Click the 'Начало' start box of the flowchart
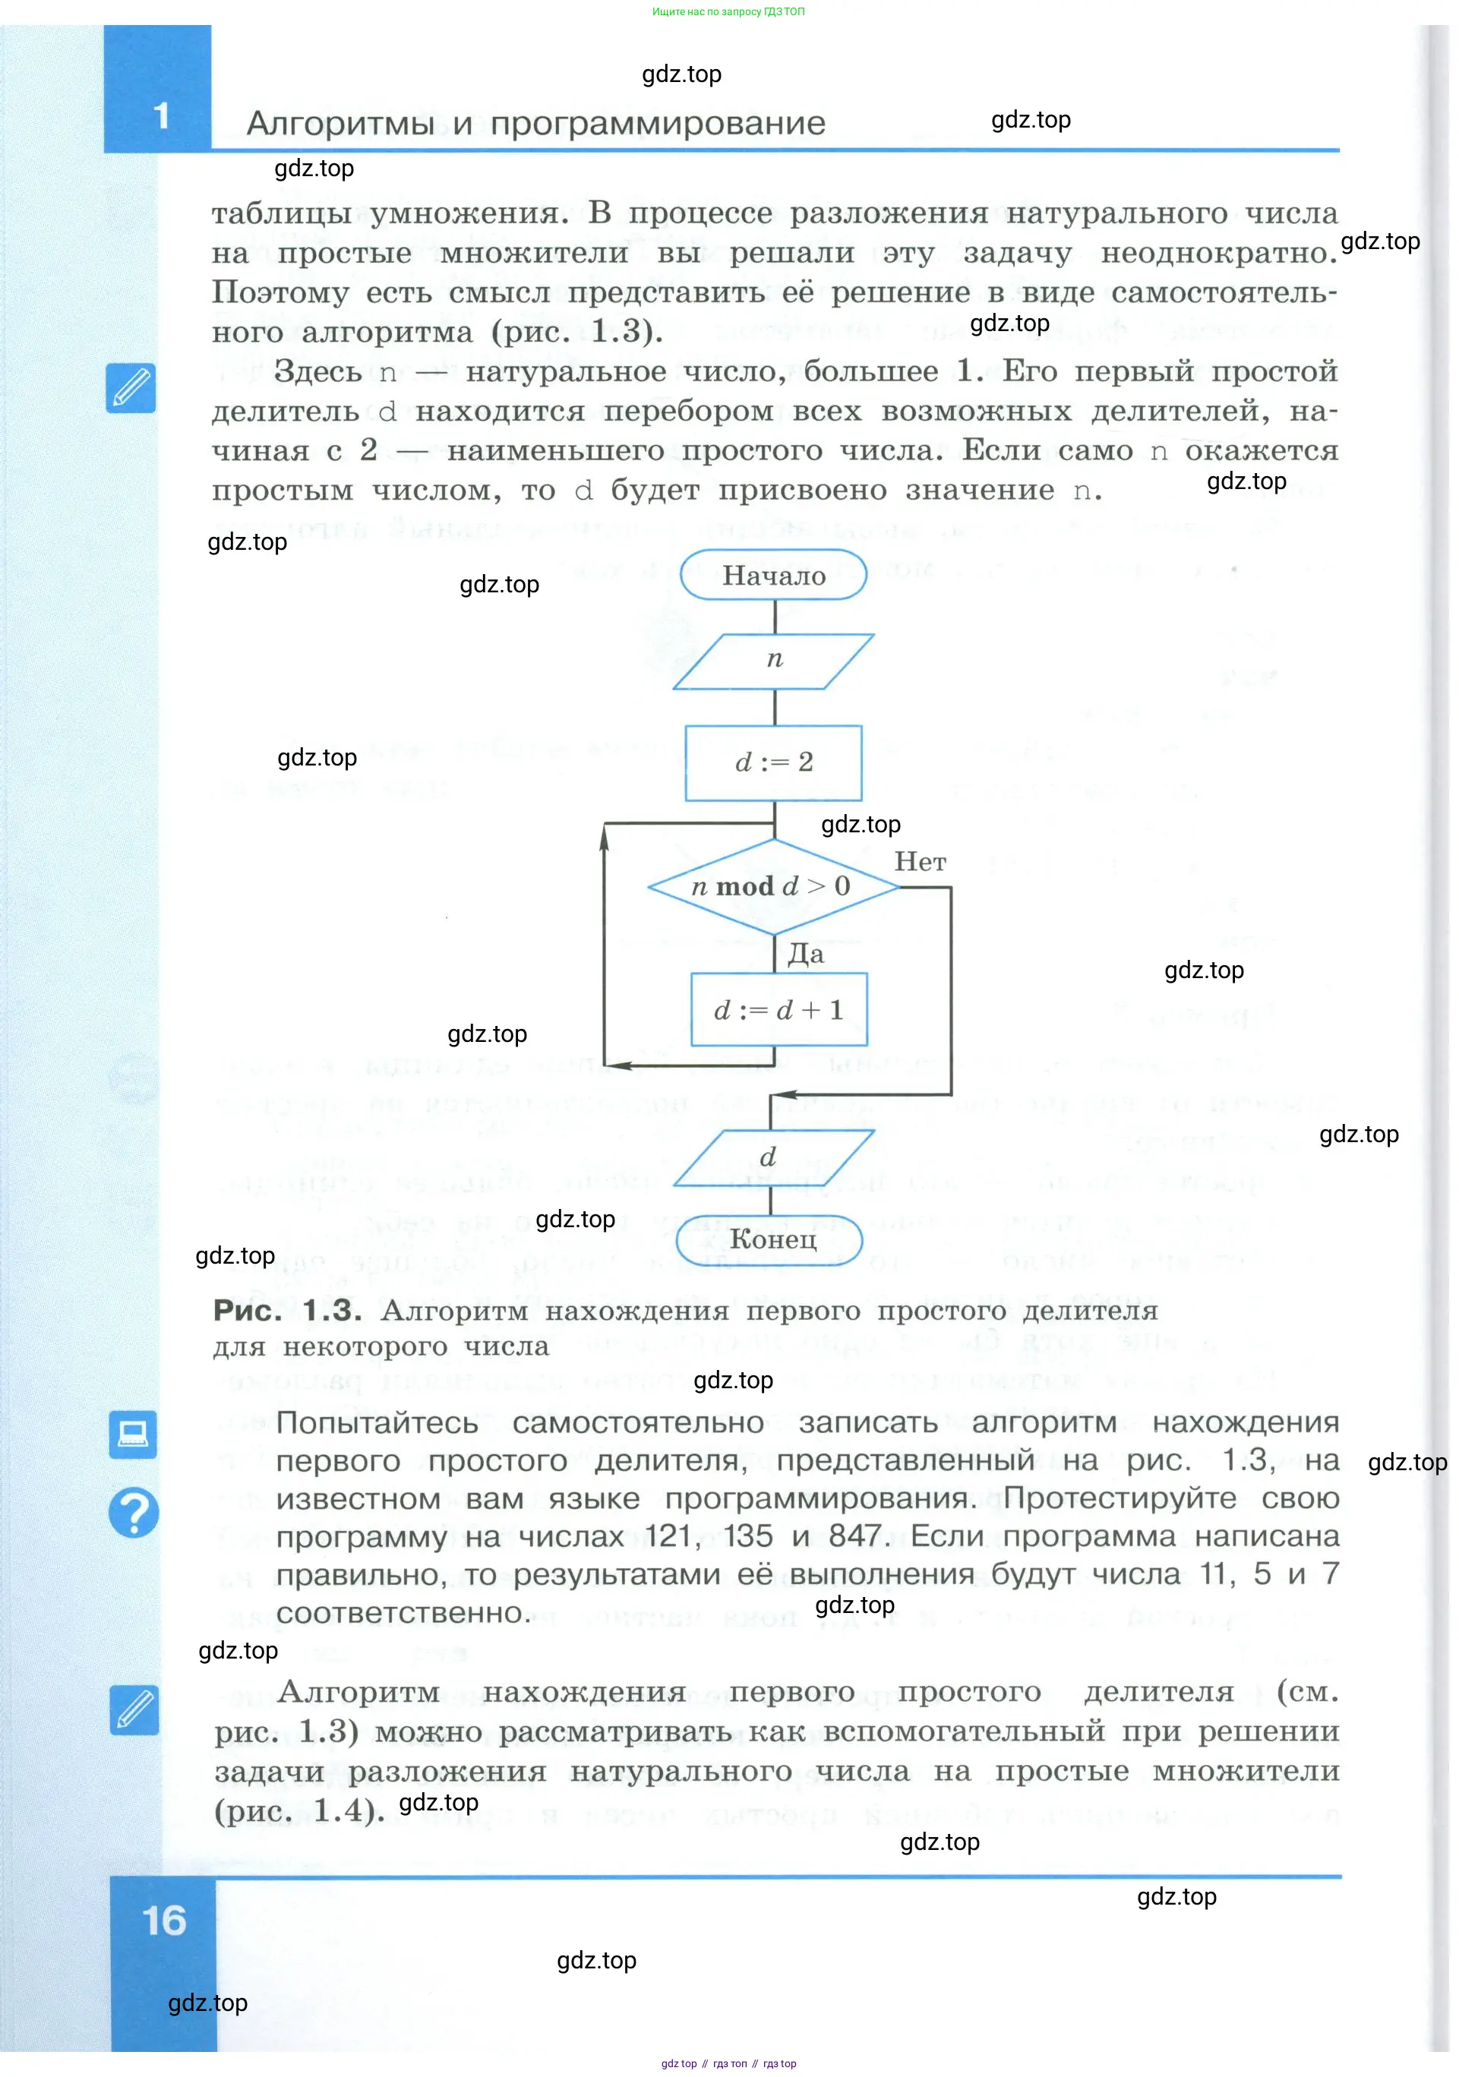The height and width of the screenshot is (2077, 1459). pyautogui.click(x=773, y=576)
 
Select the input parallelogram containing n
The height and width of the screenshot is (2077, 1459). pyautogui.click(x=773, y=661)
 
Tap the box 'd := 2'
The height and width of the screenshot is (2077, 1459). pyautogui.click(x=773, y=762)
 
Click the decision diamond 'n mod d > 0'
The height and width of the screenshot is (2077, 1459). pyautogui.click(x=773, y=885)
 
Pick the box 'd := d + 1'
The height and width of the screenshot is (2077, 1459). pyautogui.click(x=778, y=1009)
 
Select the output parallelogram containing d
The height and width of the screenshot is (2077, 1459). pyautogui.click(x=772, y=1157)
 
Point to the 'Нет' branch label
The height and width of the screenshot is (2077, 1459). pyautogui.click(x=920, y=862)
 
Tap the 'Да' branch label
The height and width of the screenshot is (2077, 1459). pyautogui.click(x=805, y=955)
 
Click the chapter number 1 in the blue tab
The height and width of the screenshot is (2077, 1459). pyautogui.click(x=162, y=115)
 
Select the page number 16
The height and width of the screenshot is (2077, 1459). pyautogui.click(x=164, y=1921)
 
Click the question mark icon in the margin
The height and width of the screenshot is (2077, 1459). pyautogui.click(x=134, y=1513)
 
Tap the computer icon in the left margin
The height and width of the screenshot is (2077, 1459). pyautogui.click(x=133, y=1435)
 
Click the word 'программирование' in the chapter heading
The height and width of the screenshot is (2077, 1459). pyautogui.click(x=658, y=124)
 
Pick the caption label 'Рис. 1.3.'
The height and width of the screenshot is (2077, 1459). pyautogui.click(x=287, y=1310)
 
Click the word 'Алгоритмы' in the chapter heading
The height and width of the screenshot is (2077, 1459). pyautogui.click(x=341, y=124)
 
